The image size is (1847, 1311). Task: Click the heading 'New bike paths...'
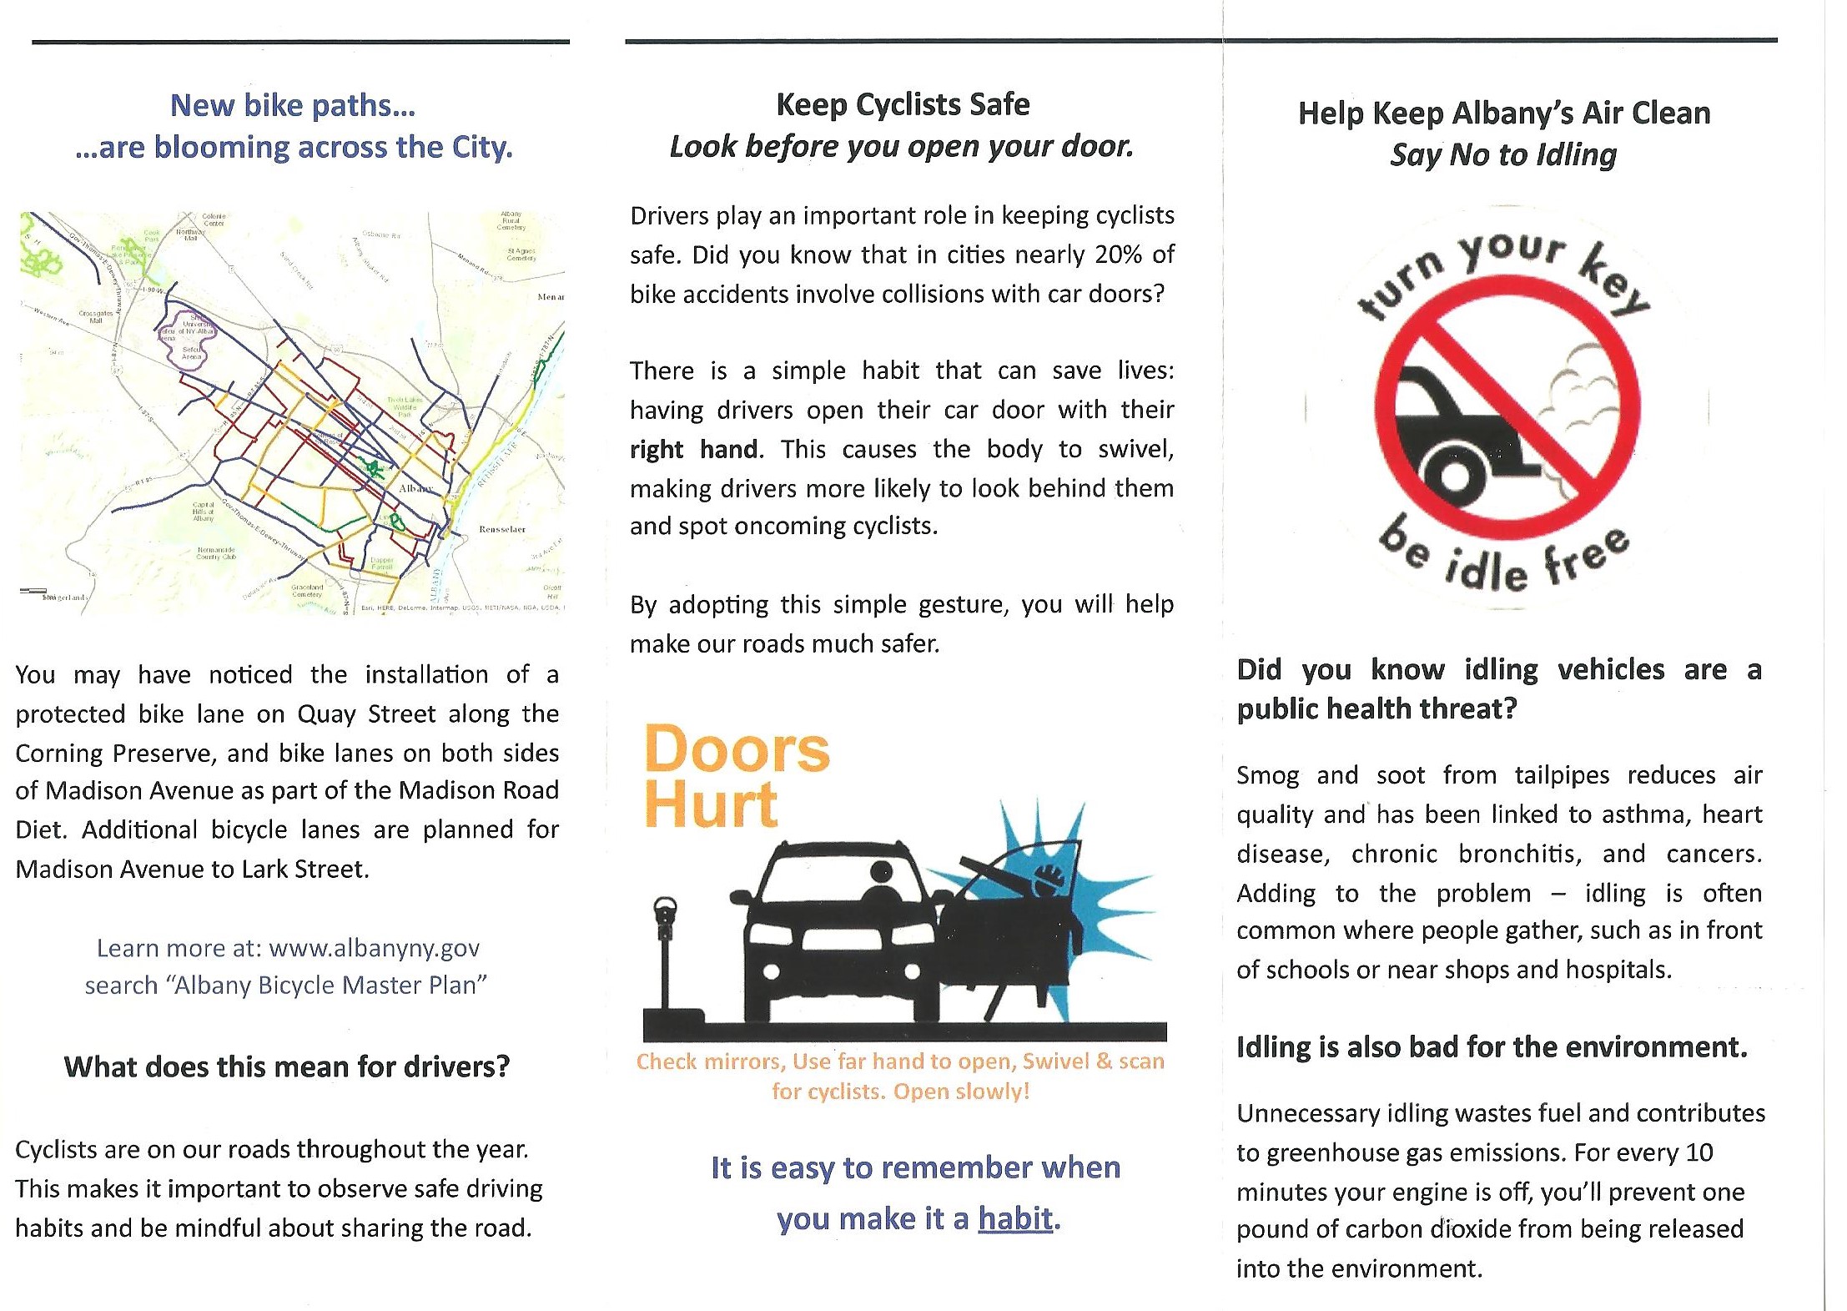click(x=293, y=106)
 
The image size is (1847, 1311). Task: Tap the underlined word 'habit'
click(x=1015, y=1219)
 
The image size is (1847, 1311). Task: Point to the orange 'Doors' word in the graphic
click(x=737, y=749)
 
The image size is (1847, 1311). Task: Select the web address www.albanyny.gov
click(x=375, y=948)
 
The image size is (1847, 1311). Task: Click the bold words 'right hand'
click(x=694, y=450)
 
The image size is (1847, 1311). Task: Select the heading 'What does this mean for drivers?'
click(x=287, y=1066)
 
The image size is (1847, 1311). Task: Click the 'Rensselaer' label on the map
click(x=502, y=529)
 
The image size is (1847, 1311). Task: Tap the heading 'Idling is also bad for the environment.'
click(x=1492, y=1046)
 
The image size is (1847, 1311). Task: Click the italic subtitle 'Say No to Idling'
click(x=1503, y=155)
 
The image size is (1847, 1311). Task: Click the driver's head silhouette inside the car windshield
click(x=881, y=873)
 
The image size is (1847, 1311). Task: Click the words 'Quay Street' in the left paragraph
click(x=366, y=714)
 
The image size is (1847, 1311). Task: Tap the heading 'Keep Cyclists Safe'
click(x=903, y=105)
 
